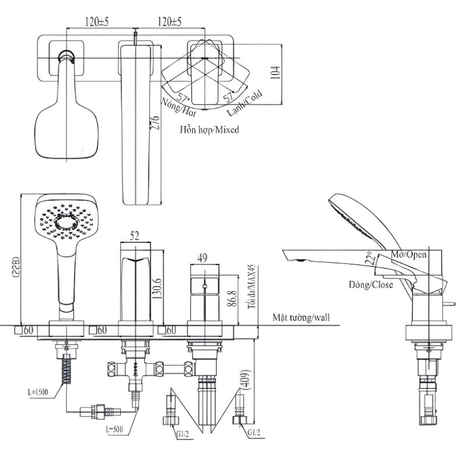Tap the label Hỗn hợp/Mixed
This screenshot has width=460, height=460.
click(210, 130)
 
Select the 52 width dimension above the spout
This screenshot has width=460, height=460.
click(134, 235)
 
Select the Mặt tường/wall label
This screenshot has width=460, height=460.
click(301, 318)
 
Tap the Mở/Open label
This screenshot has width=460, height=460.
click(409, 255)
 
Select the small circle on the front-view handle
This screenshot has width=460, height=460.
click(204, 287)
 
